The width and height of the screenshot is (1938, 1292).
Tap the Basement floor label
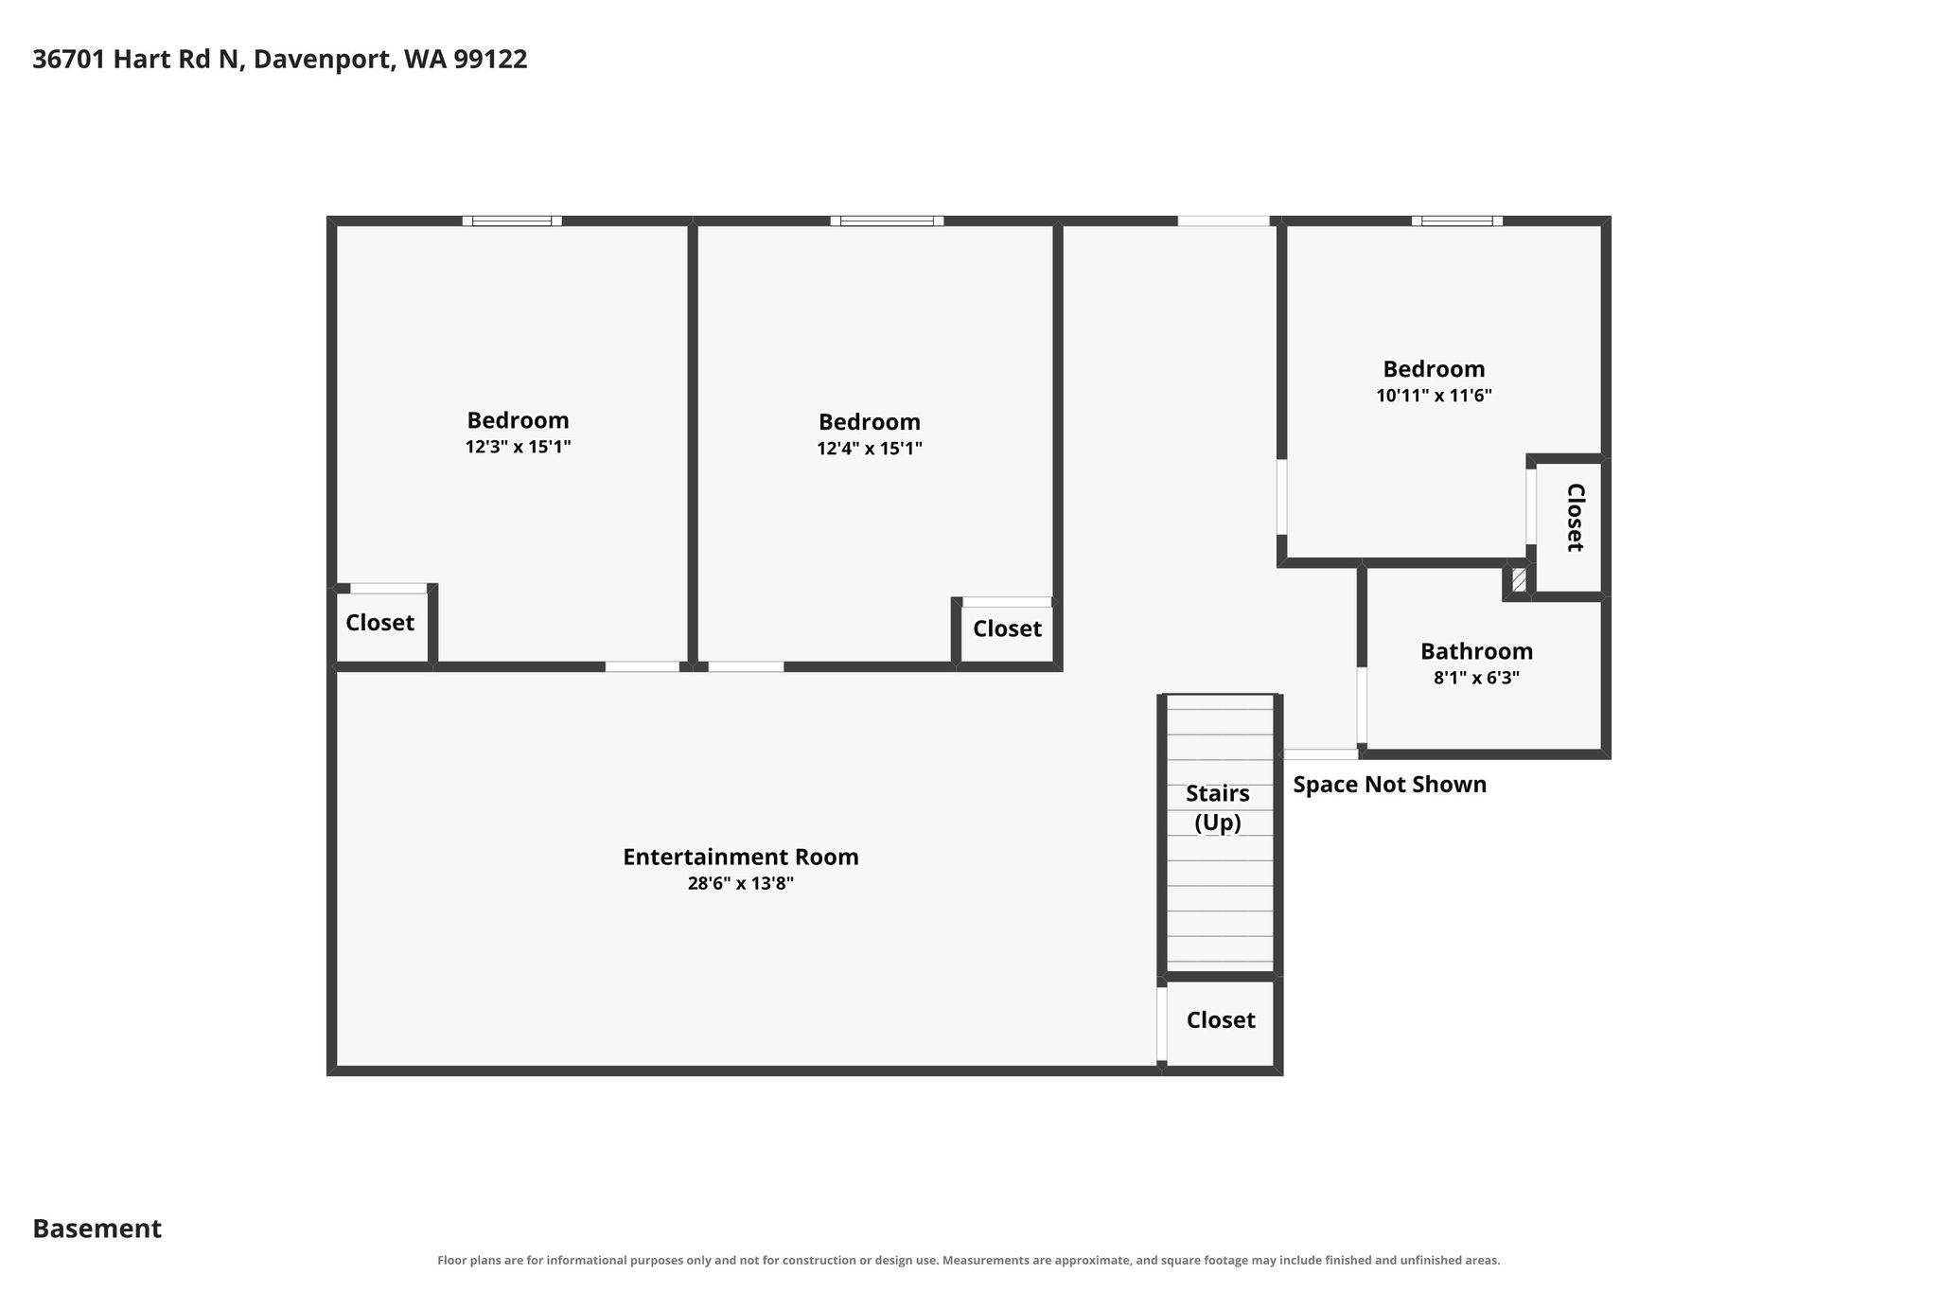point(97,1229)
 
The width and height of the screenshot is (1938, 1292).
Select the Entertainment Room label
point(741,857)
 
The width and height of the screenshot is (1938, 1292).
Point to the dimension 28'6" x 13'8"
point(741,883)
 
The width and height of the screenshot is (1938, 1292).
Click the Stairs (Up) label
point(1218,808)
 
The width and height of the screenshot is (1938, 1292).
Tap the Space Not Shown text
point(1390,785)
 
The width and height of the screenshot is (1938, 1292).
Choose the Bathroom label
point(1477,651)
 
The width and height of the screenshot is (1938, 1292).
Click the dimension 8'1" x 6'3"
point(1477,678)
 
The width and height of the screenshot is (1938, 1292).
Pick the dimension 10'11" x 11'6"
point(1435,396)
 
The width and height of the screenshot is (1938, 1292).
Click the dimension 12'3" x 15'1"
point(519,447)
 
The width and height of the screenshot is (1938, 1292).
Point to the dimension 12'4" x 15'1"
point(870,449)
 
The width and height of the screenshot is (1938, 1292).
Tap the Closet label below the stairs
point(1221,1019)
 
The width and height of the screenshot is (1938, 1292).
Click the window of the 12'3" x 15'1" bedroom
point(512,221)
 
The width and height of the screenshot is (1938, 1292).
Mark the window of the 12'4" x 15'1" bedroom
point(888,221)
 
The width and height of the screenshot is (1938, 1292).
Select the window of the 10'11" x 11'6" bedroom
point(1457,221)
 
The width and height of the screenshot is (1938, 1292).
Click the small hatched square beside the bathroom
point(1519,579)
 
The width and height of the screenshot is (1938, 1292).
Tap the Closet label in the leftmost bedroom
point(380,623)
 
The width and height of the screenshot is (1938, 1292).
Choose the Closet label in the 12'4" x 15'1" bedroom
point(1008,628)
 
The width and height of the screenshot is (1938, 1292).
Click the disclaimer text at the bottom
point(969,1261)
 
